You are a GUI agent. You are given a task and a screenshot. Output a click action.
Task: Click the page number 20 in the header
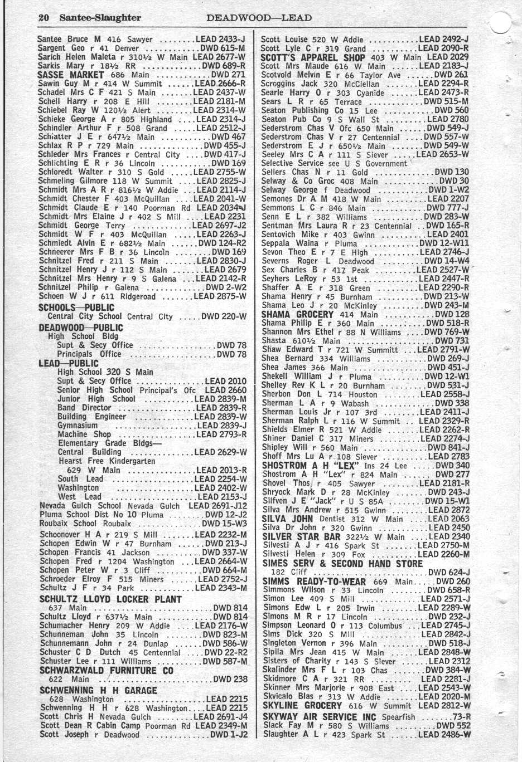tap(43, 17)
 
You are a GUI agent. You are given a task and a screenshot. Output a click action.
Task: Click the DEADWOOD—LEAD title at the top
tap(259, 17)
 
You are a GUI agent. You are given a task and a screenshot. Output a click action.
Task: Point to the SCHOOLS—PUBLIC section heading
tap(76, 307)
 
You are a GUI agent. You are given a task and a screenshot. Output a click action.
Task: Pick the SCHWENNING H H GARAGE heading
tap(98, 690)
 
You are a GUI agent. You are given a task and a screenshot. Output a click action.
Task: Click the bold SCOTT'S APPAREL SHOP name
tap(313, 57)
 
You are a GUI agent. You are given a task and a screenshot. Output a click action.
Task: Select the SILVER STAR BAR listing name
tap(300, 536)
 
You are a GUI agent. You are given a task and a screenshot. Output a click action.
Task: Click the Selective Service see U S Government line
tap(334, 164)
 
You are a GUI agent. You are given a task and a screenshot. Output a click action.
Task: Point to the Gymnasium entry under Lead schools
tap(78, 426)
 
